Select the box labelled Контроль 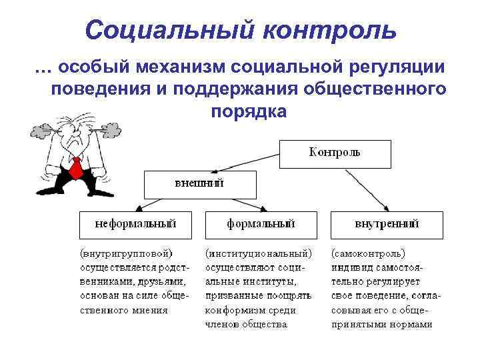coord(334,153)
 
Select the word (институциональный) coord(259,254)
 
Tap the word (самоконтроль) coord(369,254)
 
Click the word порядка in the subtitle coord(248,111)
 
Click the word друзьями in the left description coord(159,282)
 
